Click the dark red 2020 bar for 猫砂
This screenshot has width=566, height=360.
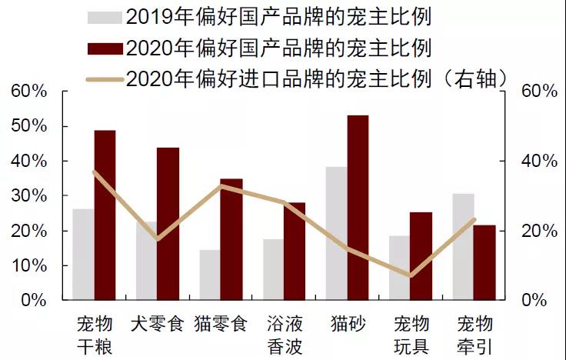[358, 208]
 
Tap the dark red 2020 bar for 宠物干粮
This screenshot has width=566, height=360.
[105, 215]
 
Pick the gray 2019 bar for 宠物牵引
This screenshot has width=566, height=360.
[463, 247]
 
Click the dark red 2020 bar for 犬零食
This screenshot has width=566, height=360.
[168, 224]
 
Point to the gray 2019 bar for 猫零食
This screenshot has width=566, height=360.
[210, 275]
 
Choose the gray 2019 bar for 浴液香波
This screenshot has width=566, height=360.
[273, 269]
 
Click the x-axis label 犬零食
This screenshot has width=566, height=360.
[157, 323]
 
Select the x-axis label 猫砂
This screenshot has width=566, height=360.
[347, 323]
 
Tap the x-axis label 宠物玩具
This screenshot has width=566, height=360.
[410, 334]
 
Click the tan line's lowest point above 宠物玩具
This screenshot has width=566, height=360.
[411, 275]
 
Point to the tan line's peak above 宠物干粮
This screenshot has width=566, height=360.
[94, 172]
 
